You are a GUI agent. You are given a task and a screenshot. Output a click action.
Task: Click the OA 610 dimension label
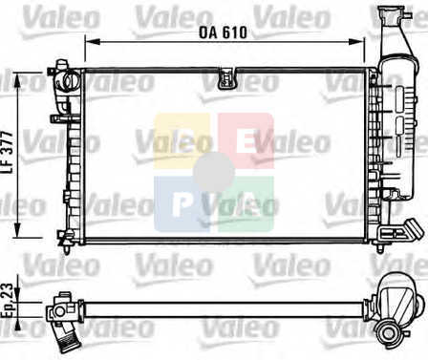(223, 32)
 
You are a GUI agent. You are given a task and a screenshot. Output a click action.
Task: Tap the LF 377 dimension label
(9, 152)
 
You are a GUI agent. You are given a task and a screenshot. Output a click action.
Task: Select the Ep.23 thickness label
(8, 301)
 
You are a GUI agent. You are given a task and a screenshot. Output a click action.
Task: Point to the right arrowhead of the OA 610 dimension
(356, 42)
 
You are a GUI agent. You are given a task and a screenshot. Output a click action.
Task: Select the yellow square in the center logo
(182, 141)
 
